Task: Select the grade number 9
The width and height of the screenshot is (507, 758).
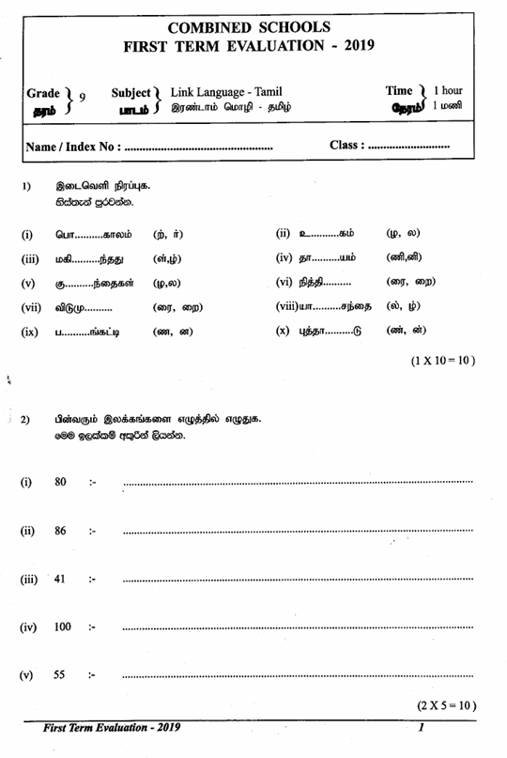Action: (x=82, y=97)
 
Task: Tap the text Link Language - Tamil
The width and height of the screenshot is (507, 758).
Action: (x=226, y=91)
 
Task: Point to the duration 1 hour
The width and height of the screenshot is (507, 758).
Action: (x=448, y=91)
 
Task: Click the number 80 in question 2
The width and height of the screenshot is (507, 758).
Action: (x=61, y=482)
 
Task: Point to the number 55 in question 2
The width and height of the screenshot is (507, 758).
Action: (x=61, y=674)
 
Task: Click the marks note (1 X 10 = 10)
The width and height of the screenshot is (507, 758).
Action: (x=442, y=361)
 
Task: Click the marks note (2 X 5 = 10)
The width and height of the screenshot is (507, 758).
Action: (x=447, y=704)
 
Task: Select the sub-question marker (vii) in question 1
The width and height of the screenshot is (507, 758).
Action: (x=33, y=306)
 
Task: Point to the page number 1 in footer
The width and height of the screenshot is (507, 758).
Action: (x=422, y=727)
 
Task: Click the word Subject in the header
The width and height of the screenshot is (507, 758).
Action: (x=131, y=92)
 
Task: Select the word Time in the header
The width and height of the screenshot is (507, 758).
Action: (x=400, y=90)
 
